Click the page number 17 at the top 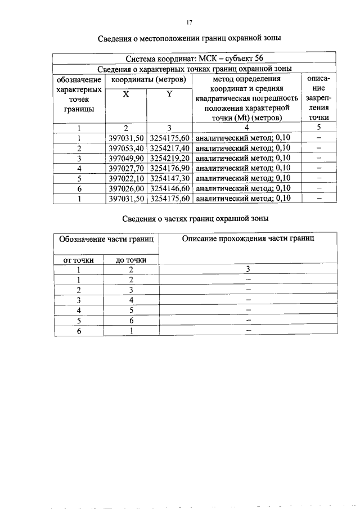point(189,22)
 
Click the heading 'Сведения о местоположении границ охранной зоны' point(189,38)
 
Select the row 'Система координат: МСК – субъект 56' point(193,58)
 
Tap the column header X point(126,94)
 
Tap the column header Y point(169,94)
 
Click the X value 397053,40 point(126,147)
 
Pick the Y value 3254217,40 point(169,147)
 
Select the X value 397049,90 point(126,157)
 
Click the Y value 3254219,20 point(169,157)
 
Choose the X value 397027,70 point(126,168)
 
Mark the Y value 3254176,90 point(169,168)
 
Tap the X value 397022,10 point(126,178)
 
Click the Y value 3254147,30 point(169,178)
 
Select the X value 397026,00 point(126,188)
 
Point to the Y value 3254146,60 point(169,188)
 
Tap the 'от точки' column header point(78,260)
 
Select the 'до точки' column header point(131,260)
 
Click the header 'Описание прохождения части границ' point(248,238)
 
